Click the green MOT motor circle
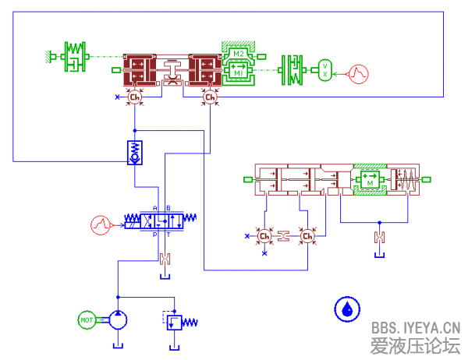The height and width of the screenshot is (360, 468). click(x=87, y=318)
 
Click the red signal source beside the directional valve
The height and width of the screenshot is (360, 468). click(x=99, y=224)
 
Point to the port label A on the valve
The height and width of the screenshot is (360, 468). click(x=154, y=208)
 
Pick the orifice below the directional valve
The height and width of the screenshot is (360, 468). click(x=164, y=259)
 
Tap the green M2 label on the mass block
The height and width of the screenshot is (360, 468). click(x=239, y=55)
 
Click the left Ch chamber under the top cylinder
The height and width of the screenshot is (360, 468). click(x=134, y=97)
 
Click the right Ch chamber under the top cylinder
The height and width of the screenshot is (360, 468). click(x=209, y=97)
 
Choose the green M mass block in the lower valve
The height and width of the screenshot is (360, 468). click(x=370, y=181)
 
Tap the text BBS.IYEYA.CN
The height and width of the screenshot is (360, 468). click(x=416, y=327)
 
